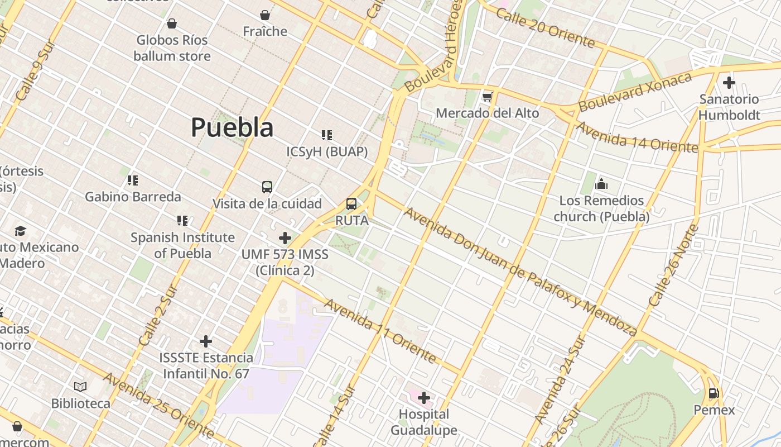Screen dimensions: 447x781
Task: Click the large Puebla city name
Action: click(x=232, y=127)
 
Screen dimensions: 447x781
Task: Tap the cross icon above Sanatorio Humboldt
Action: click(x=729, y=83)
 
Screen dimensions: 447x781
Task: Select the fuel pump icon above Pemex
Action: click(x=713, y=393)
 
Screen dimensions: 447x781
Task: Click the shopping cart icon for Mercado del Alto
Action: click(x=488, y=97)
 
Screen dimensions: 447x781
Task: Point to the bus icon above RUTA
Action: click(x=351, y=204)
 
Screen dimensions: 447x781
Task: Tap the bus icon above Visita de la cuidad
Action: click(x=267, y=187)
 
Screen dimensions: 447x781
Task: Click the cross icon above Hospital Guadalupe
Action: click(x=424, y=398)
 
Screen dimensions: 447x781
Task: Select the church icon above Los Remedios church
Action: click(x=601, y=184)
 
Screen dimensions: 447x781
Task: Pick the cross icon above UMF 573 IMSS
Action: click(x=285, y=238)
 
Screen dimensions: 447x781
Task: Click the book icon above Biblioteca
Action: click(x=80, y=387)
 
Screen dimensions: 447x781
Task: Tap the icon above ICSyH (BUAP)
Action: click(x=327, y=135)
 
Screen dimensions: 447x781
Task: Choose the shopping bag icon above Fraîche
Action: click(x=265, y=15)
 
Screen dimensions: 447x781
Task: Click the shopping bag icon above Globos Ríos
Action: click(x=172, y=23)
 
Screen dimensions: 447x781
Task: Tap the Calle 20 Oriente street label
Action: click(x=545, y=28)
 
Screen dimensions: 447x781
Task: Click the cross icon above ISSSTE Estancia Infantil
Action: click(x=206, y=341)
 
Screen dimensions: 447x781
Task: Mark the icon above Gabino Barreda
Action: click(x=133, y=180)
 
